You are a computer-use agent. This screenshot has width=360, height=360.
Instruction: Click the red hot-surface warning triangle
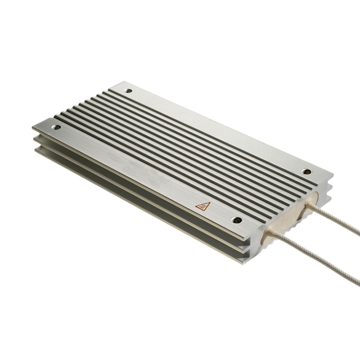pos(202,206)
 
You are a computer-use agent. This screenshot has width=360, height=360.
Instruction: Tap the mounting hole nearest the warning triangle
pos(237,220)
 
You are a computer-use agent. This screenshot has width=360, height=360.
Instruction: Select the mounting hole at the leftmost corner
pos(56,127)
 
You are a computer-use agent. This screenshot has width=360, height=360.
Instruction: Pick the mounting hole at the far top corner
pos(128,91)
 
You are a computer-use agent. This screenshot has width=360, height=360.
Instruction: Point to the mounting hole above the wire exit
pos(306,172)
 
